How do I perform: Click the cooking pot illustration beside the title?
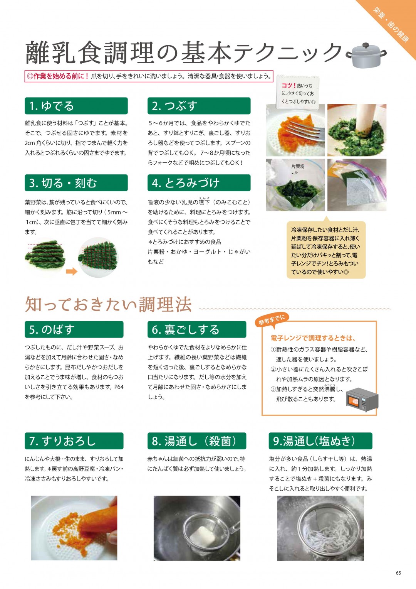click(366, 55)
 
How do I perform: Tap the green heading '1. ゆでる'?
click(76, 106)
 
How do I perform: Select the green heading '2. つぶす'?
click(199, 106)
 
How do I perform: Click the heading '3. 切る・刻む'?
click(76, 183)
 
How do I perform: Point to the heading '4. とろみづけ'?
click(199, 183)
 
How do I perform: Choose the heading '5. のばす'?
click(74, 329)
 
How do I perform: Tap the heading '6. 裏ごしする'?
click(197, 329)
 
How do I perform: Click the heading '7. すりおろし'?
click(74, 441)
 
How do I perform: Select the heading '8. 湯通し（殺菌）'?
click(197, 441)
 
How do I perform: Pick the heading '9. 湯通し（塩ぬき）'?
click(320, 441)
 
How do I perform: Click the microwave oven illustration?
click(362, 400)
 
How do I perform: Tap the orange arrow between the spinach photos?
click(71, 272)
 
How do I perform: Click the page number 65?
click(398, 573)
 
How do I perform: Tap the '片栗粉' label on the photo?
click(298, 166)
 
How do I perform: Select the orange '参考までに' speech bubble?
click(272, 320)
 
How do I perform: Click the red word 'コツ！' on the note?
click(289, 86)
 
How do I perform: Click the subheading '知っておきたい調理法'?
click(108, 304)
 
